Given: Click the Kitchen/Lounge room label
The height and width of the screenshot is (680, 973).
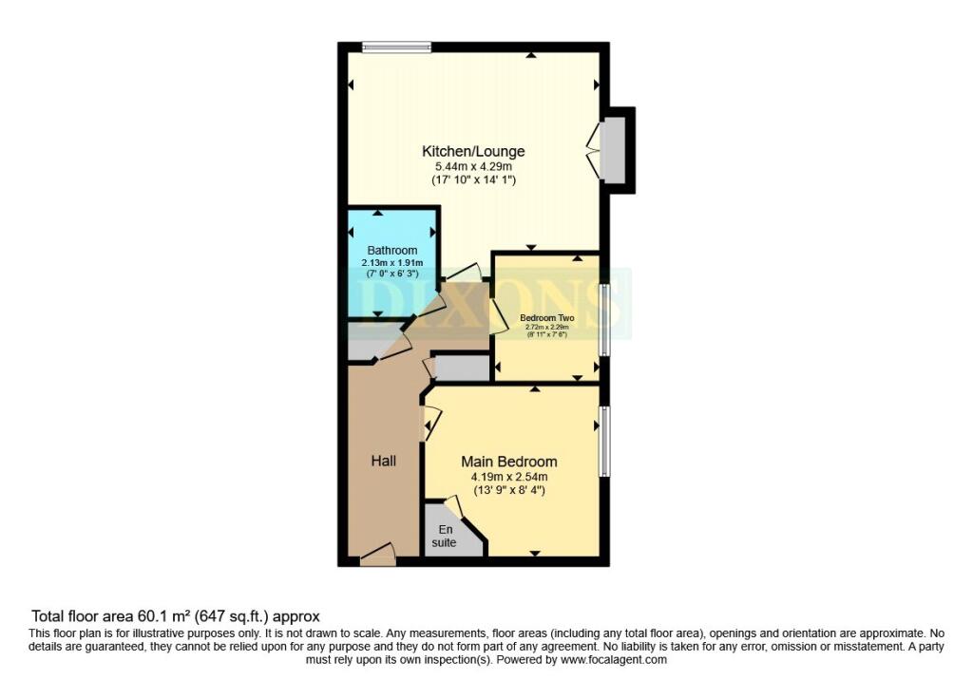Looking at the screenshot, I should tap(473, 151).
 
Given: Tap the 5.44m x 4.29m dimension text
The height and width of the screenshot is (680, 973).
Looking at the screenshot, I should tap(473, 166).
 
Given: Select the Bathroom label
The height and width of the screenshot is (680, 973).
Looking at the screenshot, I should tap(392, 251).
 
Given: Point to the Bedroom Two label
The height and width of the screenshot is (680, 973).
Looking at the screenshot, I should tap(545, 318).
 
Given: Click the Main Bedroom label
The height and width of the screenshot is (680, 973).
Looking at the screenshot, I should tap(509, 462).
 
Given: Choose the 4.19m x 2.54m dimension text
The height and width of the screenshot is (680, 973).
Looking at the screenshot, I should tap(509, 477).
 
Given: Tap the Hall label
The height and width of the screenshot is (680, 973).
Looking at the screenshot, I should tap(383, 461).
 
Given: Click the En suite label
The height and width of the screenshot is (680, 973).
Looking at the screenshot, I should tap(447, 537).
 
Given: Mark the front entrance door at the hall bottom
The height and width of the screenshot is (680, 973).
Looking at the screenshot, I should tap(378, 555).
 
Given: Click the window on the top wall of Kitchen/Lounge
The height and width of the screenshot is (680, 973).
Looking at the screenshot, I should tap(396, 47).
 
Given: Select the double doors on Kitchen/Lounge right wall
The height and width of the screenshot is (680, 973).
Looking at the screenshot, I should tap(595, 150).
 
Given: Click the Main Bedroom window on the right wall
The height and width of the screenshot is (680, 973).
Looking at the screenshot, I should tap(604, 441).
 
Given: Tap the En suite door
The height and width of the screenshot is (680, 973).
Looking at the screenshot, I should tap(453, 507).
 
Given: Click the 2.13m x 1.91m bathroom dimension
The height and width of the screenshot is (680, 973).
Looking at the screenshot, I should tap(392, 263).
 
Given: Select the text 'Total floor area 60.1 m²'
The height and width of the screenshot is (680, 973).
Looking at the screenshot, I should tap(124, 616).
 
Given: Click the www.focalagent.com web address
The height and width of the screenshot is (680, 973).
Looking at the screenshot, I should tap(613, 659).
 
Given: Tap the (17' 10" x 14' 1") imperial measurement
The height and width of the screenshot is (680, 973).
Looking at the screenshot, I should tap(473, 179).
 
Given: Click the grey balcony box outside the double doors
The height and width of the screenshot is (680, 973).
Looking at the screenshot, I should tap(614, 150).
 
